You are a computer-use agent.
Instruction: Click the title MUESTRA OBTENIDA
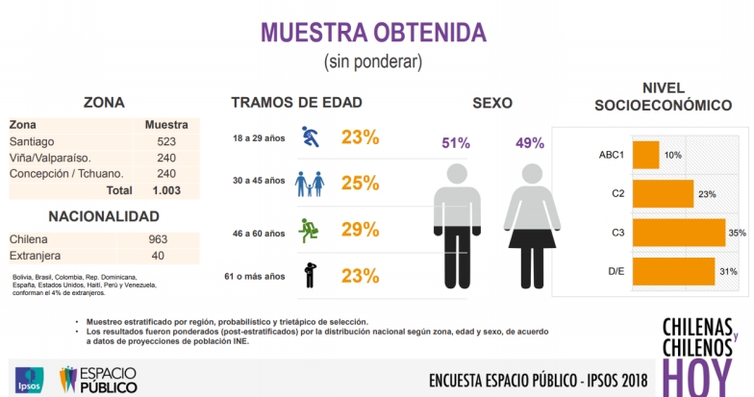pyautogui.click(x=373, y=31)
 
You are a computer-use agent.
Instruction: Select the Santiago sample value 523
pyautogui.click(x=165, y=141)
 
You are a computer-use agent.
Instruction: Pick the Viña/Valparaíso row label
pyautogui.click(x=49, y=158)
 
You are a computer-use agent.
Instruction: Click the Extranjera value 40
pyautogui.click(x=158, y=256)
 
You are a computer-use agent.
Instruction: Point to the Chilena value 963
pyautogui.click(x=158, y=239)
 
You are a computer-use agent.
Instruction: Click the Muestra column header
pyautogui.click(x=165, y=125)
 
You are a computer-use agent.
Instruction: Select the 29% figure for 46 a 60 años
pyautogui.click(x=360, y=232)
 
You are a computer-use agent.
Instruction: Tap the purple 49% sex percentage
pyautogui.click(x=530, y=143)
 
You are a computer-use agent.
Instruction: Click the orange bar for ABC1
pyautogui.click(x=645, y=155)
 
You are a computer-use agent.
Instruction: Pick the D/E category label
pyautogui.click(x=616, y=272)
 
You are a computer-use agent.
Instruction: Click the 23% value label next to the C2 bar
pyautogui.click(x=707, y=194)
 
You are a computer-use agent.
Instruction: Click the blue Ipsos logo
pyautogui.click(x=27, y=378)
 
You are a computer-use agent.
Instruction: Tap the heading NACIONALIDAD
pyautogui.click(x=104, y=216)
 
